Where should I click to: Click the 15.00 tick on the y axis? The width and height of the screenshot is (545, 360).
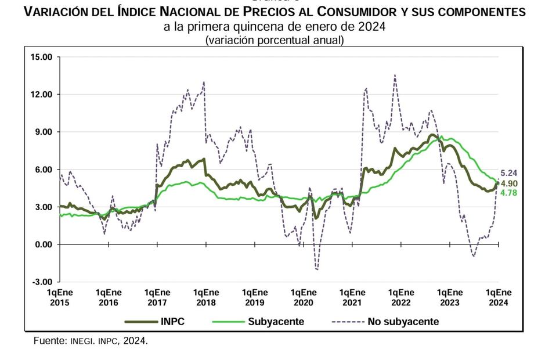[41, 57]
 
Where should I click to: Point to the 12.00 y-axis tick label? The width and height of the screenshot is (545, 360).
[41, 95]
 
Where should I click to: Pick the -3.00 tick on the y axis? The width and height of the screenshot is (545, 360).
[42, 282]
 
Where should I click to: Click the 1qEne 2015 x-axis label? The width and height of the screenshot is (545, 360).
[60, 297]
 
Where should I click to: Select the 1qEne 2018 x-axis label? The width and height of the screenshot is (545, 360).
[206, 297]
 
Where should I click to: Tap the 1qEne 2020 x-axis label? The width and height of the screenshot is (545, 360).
[304, 297]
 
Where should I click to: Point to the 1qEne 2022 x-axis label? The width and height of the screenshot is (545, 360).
[401, 297]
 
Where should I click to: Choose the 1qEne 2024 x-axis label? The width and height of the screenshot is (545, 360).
[499, 297]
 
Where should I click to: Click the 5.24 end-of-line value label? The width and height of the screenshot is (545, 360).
[508, 172]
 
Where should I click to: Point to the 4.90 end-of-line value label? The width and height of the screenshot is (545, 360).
[508, 183]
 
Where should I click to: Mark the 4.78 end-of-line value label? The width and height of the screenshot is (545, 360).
[508, 193]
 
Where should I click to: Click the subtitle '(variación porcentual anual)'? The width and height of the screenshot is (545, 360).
[274, 40]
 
